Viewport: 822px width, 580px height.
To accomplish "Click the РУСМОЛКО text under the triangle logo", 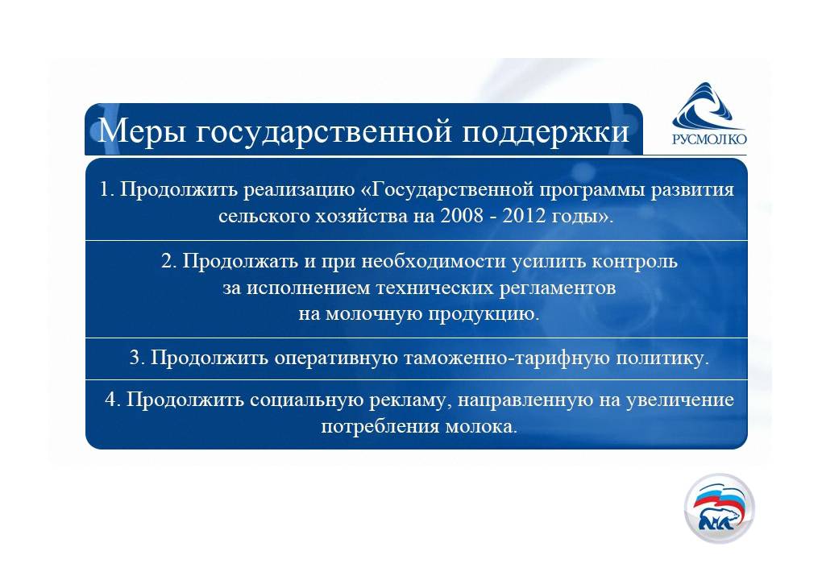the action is (x=709, y=139).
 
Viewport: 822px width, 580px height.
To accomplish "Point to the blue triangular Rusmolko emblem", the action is (x=708, y=106).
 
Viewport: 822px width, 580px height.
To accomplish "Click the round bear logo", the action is (x=719, y=507).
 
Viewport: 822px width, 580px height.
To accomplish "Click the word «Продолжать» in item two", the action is (x=240, y=261).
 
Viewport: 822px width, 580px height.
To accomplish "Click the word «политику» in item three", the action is (x=662, y=358).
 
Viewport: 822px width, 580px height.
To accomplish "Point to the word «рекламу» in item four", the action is (x=410, y=400).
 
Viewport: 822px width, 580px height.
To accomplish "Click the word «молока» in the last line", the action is (x=481, y=426).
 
